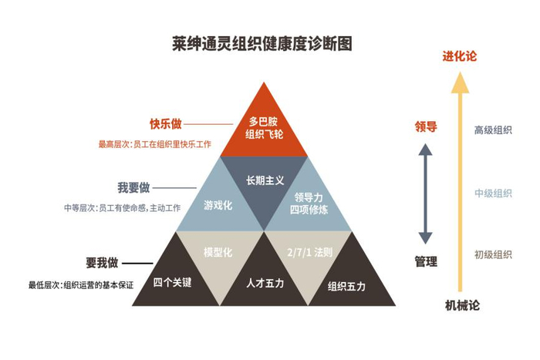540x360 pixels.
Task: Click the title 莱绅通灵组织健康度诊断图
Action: pos(262,44)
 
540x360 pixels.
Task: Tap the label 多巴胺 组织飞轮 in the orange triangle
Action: pos(264,128)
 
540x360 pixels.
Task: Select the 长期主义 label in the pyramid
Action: pos(265,180)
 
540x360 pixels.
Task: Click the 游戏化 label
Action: pos(218,206)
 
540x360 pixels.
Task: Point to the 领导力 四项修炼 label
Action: pos(309,204)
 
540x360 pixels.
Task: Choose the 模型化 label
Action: pos(218,252)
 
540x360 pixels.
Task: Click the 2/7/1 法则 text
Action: pos(310,252)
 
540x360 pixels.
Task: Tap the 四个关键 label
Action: pos(172,283)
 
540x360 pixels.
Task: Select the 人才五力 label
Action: pos(265,283)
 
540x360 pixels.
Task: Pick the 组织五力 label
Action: pos(346,286)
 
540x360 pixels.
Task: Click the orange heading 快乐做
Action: pos(166,124)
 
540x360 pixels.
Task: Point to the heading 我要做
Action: pos(133,188)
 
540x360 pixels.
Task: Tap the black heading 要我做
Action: pos(102,263)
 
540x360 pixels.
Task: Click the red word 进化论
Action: pos(460,56)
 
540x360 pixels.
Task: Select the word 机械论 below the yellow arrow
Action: pos(462,305)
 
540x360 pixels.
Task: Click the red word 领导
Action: pos(426,126)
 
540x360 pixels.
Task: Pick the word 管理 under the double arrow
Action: pos(426,261)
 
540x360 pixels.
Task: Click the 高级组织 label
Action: pos(493,130)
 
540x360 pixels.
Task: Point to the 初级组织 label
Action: pos(493,254)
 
